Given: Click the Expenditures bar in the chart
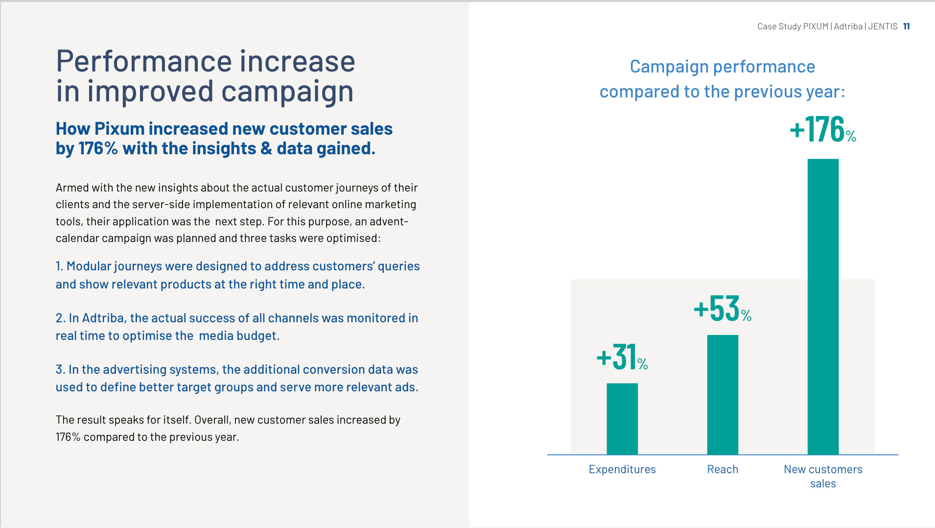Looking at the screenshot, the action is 622,419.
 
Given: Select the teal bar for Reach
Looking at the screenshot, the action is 723,395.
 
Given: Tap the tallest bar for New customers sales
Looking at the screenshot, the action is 823,307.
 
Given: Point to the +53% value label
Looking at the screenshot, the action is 723,309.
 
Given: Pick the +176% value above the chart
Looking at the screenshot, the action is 823,129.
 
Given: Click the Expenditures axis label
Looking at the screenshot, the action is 622,469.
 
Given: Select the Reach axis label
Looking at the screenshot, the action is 723,469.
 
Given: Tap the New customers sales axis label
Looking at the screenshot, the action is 823,476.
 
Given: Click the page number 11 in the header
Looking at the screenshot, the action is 907,26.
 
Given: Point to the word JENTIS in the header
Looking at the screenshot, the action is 883,26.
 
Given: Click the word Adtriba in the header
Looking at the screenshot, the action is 848,26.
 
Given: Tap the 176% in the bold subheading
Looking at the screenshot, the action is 98,148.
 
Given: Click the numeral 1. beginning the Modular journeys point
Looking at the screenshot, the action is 59,266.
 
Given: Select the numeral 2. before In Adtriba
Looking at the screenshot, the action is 60,318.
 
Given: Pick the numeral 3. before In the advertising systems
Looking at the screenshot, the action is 60,369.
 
